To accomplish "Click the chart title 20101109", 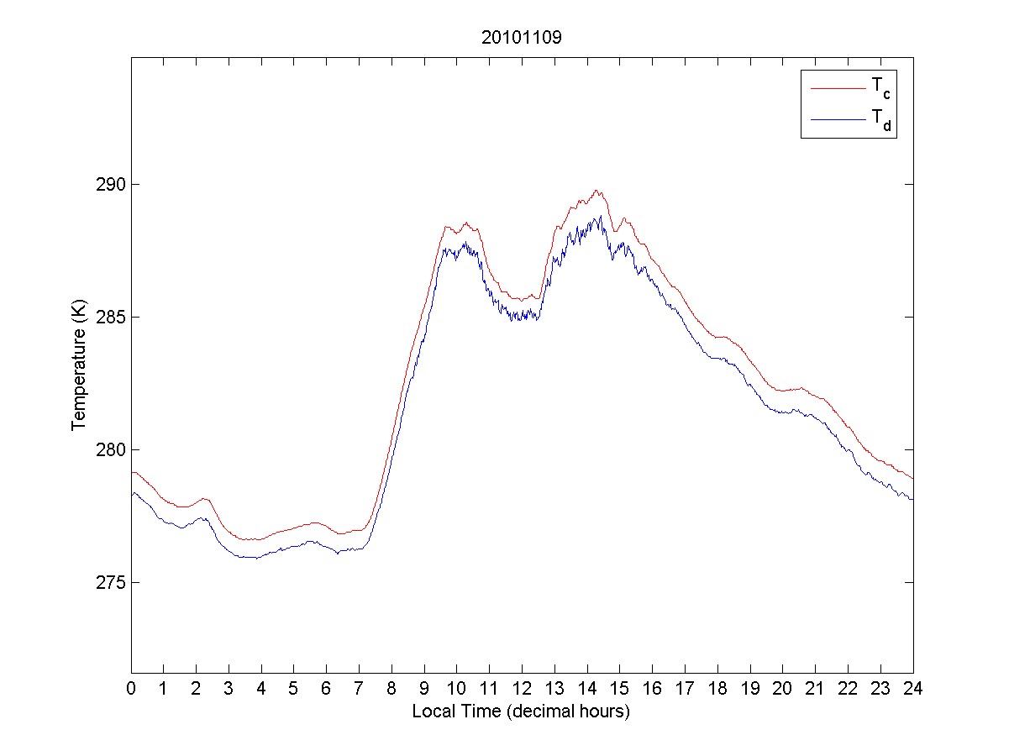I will click(x=521, y=38).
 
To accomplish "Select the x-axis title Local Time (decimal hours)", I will click(x=521, y=711).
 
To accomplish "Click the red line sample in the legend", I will click(x=837, y=87).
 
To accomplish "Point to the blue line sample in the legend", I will click(x=837, y=120).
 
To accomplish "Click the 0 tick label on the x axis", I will click(x=131, y=690).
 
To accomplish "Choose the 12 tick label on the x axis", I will click(x=522, y=690).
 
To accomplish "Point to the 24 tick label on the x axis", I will click(x=912, y=690).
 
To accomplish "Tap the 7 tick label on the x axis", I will click(x=359, y=690).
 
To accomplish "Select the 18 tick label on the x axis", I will click(x=717, y=690).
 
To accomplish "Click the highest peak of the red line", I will click(x=596, y=191).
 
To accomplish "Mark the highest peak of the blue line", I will click(x=600, y=216).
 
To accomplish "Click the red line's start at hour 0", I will click(x=132, y=472).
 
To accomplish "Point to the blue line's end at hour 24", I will click(x=912, y=500).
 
